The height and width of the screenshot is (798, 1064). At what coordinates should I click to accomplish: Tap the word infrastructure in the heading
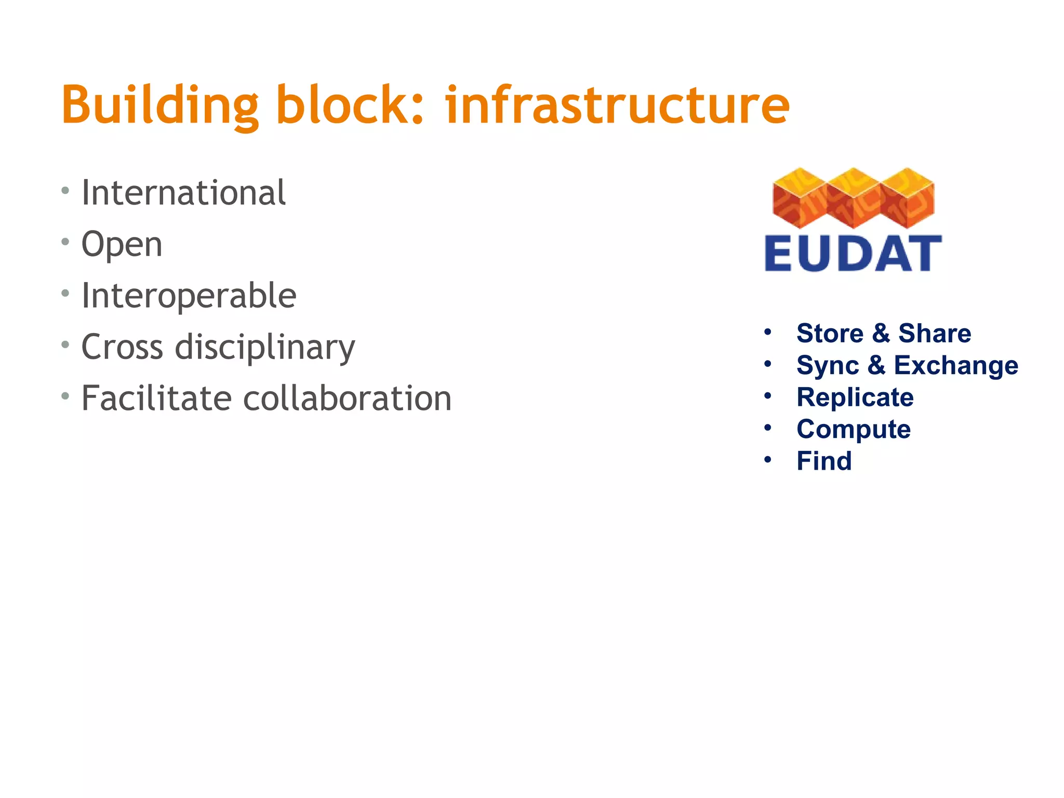[x=617, y=105]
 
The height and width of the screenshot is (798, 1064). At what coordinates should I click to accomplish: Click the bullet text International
[x=183, y=193]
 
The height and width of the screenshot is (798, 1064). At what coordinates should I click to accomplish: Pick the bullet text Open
[x=122, y=244]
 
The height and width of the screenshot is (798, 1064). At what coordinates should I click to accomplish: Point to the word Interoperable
[x=189, y=296]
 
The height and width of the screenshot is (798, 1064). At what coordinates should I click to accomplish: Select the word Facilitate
[x=156, y=398]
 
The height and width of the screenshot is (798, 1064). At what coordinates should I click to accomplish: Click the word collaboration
[x=347, y=398]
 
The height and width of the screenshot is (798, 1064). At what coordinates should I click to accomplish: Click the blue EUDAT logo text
[x=853, y=254]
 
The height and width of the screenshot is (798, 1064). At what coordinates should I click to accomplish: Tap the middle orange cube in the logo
[x=853, y=198]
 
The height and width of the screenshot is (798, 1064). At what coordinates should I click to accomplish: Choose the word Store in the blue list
[x=830, y=333]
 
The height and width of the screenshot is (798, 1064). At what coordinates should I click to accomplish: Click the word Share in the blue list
[x=935, y=333]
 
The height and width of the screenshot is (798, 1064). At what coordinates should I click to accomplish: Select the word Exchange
[x=956, y=365]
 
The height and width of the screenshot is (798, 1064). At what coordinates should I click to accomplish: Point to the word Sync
[x=828, y=365]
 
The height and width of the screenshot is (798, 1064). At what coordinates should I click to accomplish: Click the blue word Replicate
[x=855, y=397]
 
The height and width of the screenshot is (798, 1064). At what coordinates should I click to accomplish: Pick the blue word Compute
[x=854, y=430]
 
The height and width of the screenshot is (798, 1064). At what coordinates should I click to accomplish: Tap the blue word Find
[x=824, y=461]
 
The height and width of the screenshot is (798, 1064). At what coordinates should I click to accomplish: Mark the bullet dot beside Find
[x=768, y=459]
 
